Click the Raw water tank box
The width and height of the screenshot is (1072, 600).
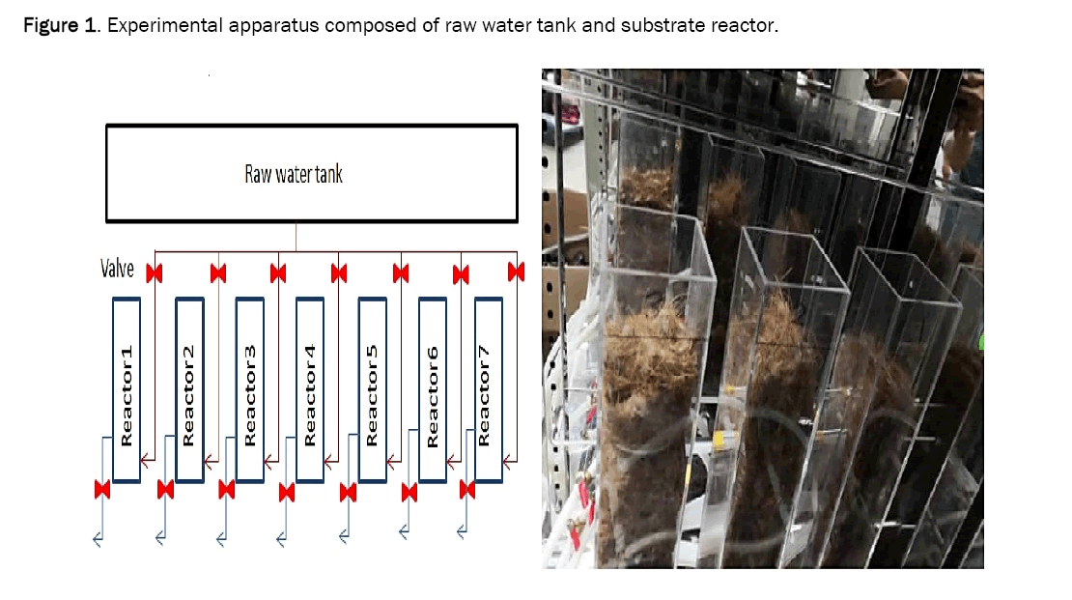click(x=296, y=174)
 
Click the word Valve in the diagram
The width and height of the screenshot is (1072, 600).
click(x=118, y=269)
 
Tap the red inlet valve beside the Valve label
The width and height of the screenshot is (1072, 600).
click(x=154, y=271)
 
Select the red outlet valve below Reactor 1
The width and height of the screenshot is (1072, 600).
click(x=100, y=490)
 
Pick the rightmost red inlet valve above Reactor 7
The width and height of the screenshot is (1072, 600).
click(x=517, y=270)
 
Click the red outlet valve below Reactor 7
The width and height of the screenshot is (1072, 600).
click(x=467, y=490)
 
